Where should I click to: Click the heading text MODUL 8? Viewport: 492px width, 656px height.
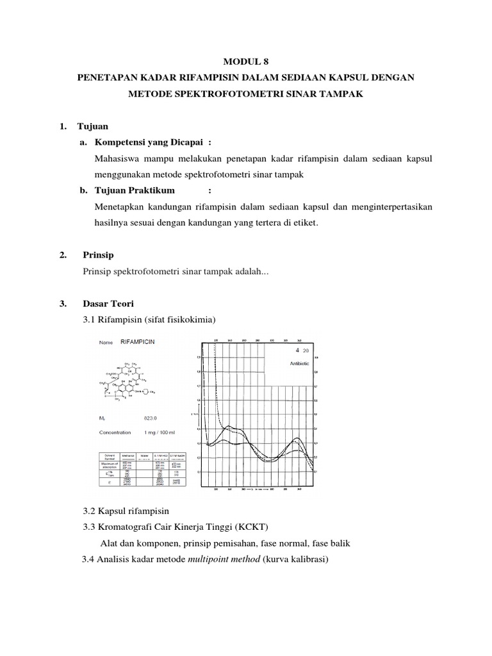(x=246, y=62)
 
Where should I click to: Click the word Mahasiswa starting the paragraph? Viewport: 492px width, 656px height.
(x=117, y=158)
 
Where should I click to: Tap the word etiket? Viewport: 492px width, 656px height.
(x=303, y=223)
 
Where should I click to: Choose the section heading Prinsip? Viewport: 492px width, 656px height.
(x=98, y=256)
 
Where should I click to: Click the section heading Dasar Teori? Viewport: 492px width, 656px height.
(x=108, y=303)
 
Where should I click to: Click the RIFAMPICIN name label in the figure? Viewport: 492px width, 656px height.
(x=137, y=342)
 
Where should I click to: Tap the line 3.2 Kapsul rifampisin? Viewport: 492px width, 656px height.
(x=126, y=511)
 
